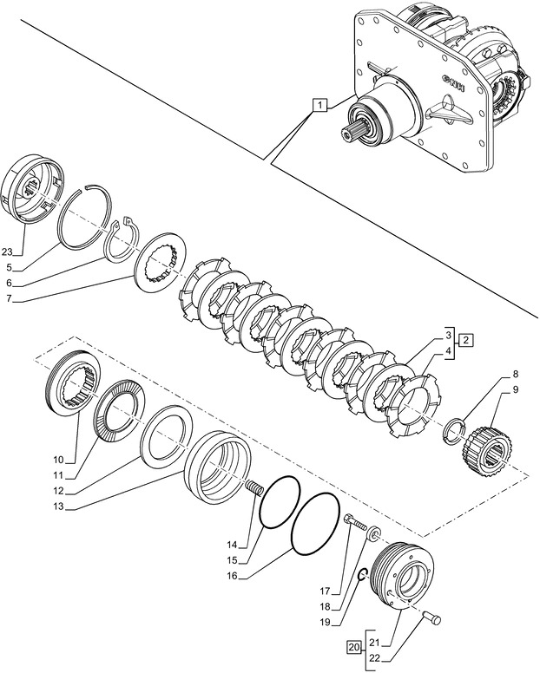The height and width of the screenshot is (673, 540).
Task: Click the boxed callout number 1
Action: [320, 106]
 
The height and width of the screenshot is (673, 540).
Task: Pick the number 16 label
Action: [231, 574]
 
